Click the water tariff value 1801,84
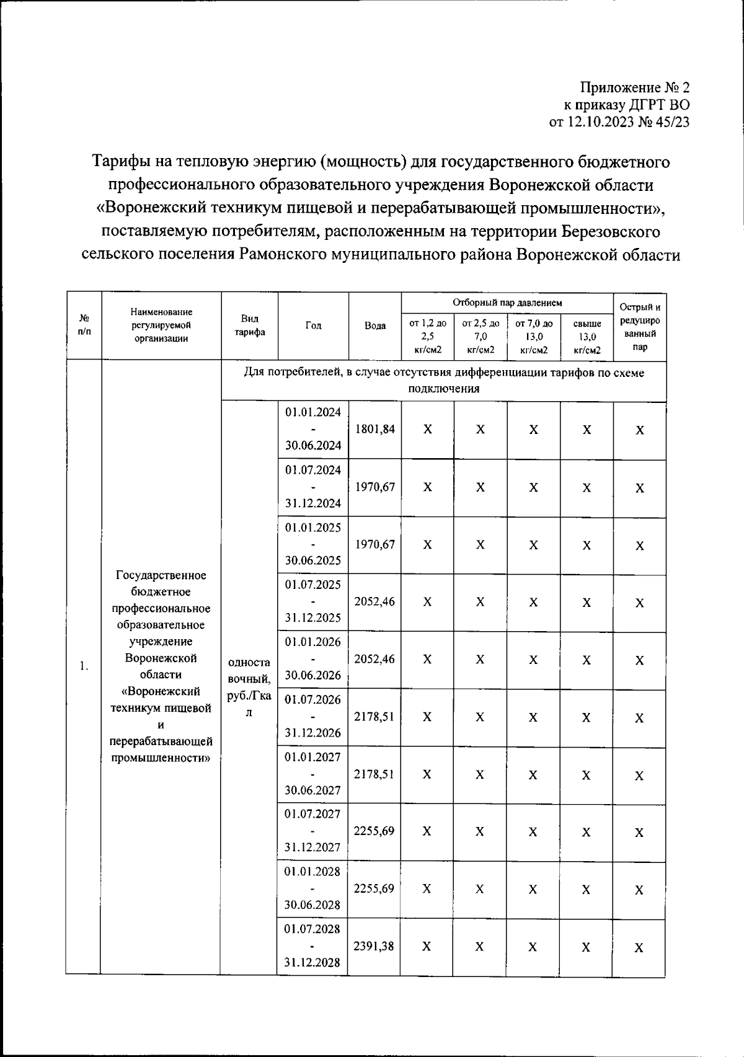[374, 429]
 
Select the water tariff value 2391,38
[374, 947]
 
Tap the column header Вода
[375, 326]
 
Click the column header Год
[314, 326]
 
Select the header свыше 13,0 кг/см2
[587, 337]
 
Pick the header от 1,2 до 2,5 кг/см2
[428, 337]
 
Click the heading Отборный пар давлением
[507, 303]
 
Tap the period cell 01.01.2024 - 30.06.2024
[313, 429]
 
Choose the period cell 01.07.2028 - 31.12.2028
[312, 947]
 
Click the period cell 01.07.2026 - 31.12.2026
[313, 717]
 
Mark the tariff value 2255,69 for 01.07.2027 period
[374, 831]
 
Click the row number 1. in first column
[84, 666]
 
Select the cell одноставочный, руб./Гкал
[249, 688]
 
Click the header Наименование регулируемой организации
[161, 325]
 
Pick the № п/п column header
[84, 325]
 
